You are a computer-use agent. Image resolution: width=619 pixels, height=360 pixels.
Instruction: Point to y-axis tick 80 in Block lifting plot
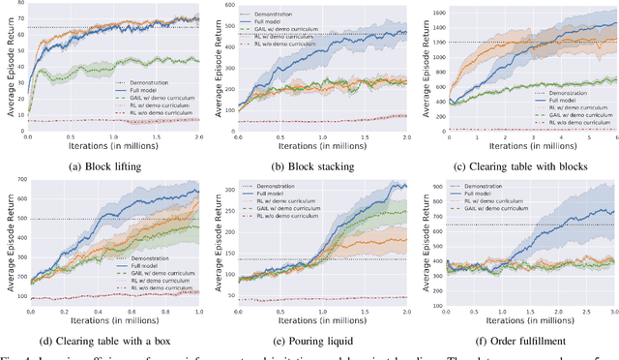pos(21,4)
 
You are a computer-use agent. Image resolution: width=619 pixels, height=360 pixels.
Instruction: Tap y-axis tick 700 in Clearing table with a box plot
pos(19,184)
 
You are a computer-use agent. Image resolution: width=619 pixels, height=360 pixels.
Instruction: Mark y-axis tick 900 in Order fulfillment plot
pos(439,186)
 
